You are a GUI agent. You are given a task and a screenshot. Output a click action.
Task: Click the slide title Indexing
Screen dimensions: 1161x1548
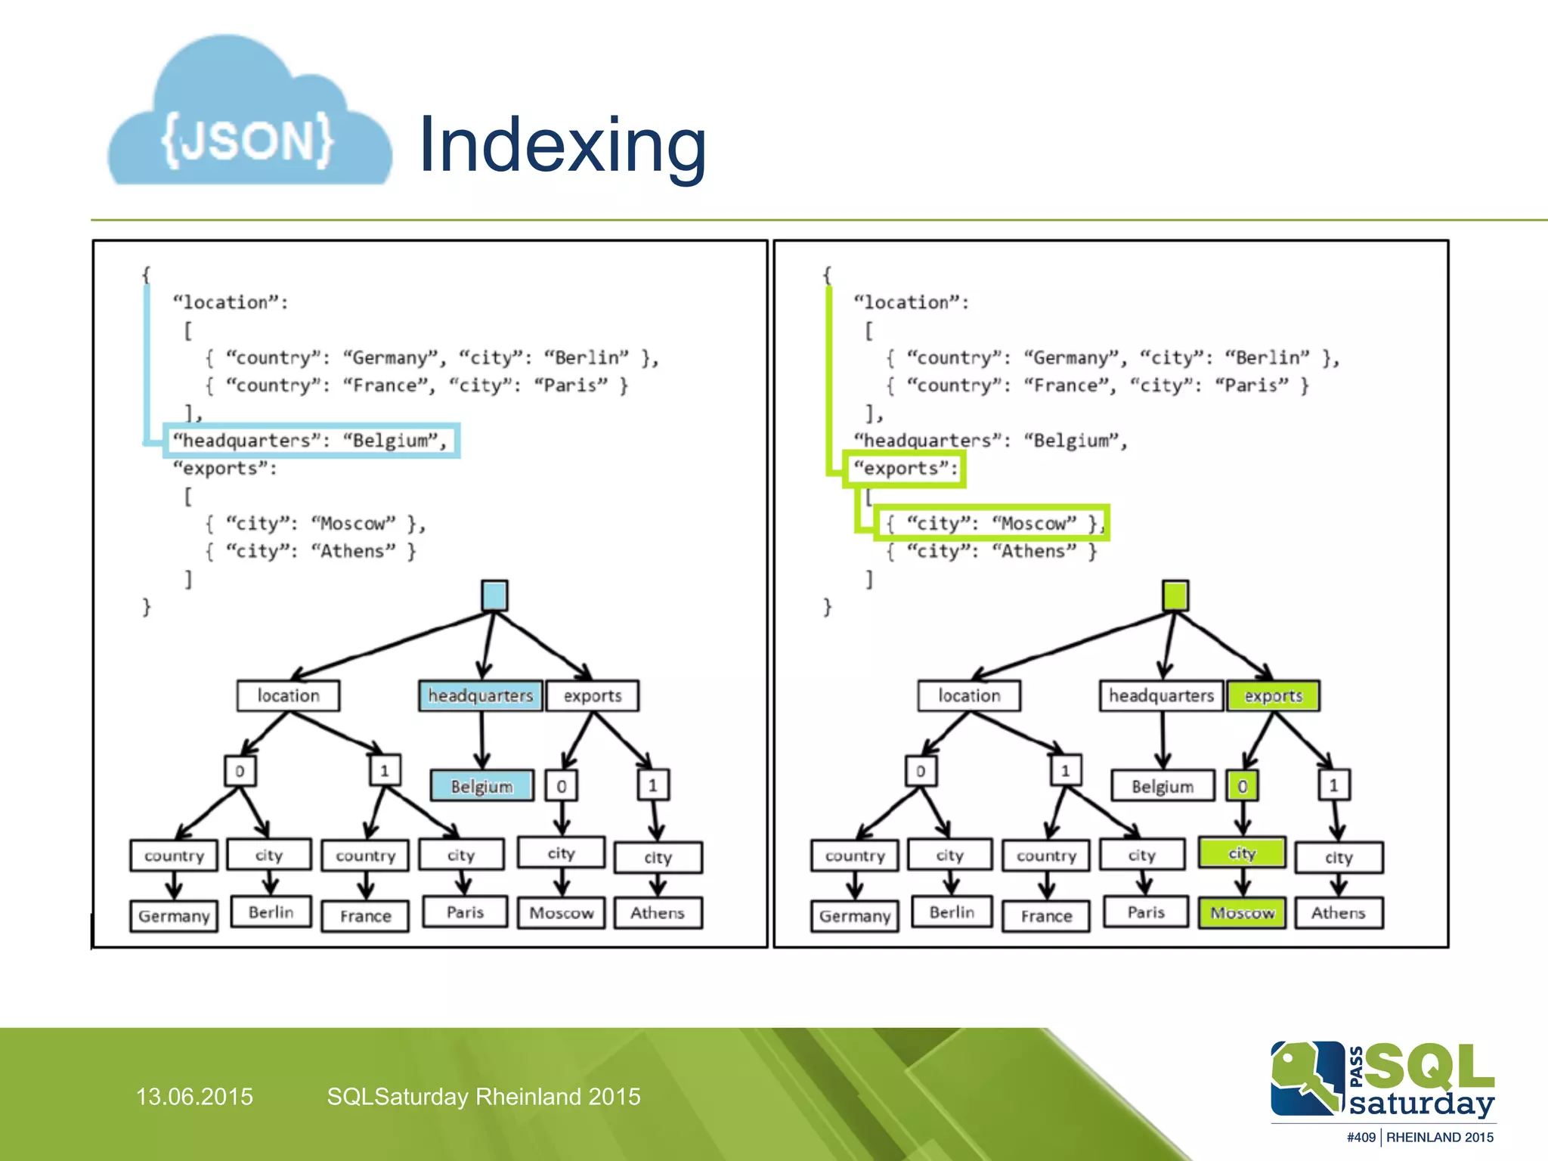coord(562,145)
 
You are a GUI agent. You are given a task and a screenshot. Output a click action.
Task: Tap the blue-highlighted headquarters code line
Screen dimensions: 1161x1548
coord(311,441)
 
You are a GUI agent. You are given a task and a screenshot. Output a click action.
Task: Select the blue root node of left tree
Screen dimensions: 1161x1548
coord(494,596)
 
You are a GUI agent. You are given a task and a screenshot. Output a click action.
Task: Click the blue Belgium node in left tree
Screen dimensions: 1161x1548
coord(481,786)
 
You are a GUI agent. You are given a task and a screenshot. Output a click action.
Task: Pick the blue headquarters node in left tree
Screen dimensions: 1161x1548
coord(481,695)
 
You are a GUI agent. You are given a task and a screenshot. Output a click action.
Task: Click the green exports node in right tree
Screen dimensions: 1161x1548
coord(1273,695)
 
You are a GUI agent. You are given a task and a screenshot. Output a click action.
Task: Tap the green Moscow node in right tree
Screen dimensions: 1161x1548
coord(1242,913)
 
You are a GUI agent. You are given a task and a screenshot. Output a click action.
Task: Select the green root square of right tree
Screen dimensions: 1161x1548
coord(1175,596)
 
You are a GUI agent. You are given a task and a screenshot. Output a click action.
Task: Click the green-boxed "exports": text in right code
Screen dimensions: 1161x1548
coord(905,469)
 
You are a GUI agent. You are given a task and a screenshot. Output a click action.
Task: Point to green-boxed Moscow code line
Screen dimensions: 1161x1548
coord(991,523)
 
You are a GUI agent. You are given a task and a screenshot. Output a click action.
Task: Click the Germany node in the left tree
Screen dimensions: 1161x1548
coord(174,916)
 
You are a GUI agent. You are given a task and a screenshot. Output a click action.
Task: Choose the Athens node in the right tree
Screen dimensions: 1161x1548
coord(1338,913)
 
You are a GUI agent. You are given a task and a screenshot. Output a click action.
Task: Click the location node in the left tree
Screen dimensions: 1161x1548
coord(288,695)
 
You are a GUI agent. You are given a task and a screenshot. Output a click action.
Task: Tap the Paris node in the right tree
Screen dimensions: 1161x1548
coord(1146,912)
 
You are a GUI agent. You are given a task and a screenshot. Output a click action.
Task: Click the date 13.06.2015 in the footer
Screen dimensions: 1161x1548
coord(194,1097)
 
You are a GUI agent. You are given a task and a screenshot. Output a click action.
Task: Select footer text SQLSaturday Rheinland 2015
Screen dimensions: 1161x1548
coord(484,1097)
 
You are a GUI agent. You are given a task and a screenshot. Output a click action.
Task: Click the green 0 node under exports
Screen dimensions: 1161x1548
coord(1242,786)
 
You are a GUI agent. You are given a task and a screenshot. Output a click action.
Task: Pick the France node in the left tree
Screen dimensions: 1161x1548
coord(365,916)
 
